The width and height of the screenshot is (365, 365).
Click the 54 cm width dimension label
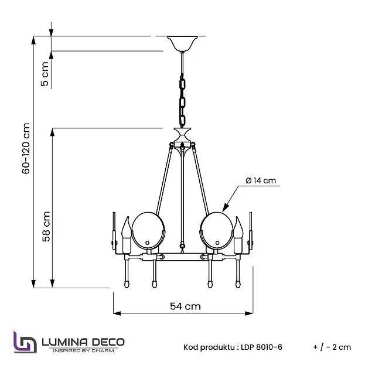[x=185, y=306]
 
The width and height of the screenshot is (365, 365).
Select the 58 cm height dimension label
[x=46, y=227]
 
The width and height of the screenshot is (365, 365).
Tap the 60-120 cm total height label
[x=26, y=148]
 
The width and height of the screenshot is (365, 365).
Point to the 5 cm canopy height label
[x=45, y=74]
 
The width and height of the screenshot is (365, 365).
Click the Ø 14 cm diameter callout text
[x=261, y=180]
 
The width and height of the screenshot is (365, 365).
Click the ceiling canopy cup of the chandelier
[x=182, y=43]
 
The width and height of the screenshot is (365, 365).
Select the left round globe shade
[x=148, y=230]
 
